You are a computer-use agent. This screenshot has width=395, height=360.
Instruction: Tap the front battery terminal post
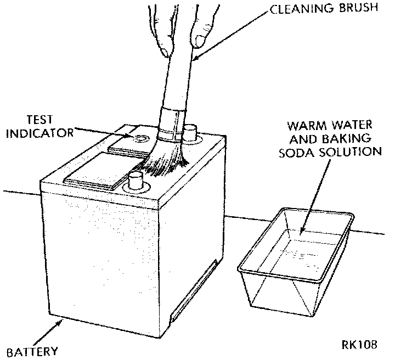pos(136,181)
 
